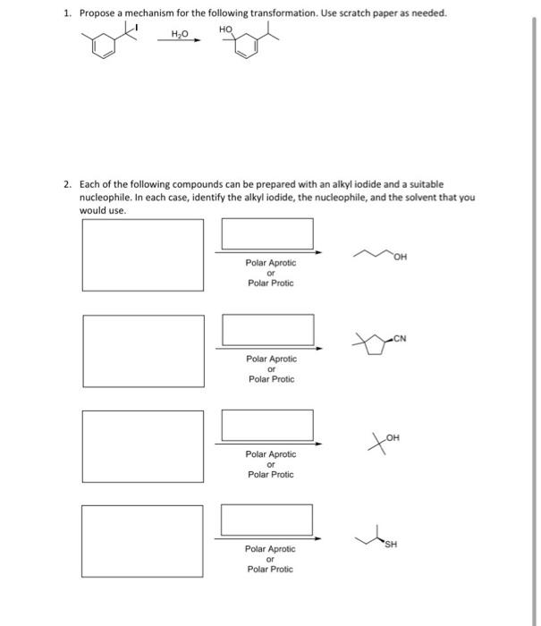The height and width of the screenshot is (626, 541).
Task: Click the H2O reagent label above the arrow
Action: (181, 33)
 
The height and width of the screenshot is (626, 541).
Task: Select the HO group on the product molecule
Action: (224, 30)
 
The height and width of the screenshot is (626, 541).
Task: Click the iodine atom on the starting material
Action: (139, 28)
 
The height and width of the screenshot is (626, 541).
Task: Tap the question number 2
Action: (67, 182)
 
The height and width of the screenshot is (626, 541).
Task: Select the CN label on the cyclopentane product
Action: (398, 337)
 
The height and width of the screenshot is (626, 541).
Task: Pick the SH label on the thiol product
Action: (391, 543)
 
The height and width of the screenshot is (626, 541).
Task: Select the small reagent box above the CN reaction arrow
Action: (268, 329)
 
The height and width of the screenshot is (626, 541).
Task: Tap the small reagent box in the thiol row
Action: (266, 519)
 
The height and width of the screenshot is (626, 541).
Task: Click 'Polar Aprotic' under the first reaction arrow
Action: (270, 263)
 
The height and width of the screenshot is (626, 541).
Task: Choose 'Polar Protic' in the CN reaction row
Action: (270, 379)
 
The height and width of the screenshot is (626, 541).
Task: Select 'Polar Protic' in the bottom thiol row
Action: (270, 569)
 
